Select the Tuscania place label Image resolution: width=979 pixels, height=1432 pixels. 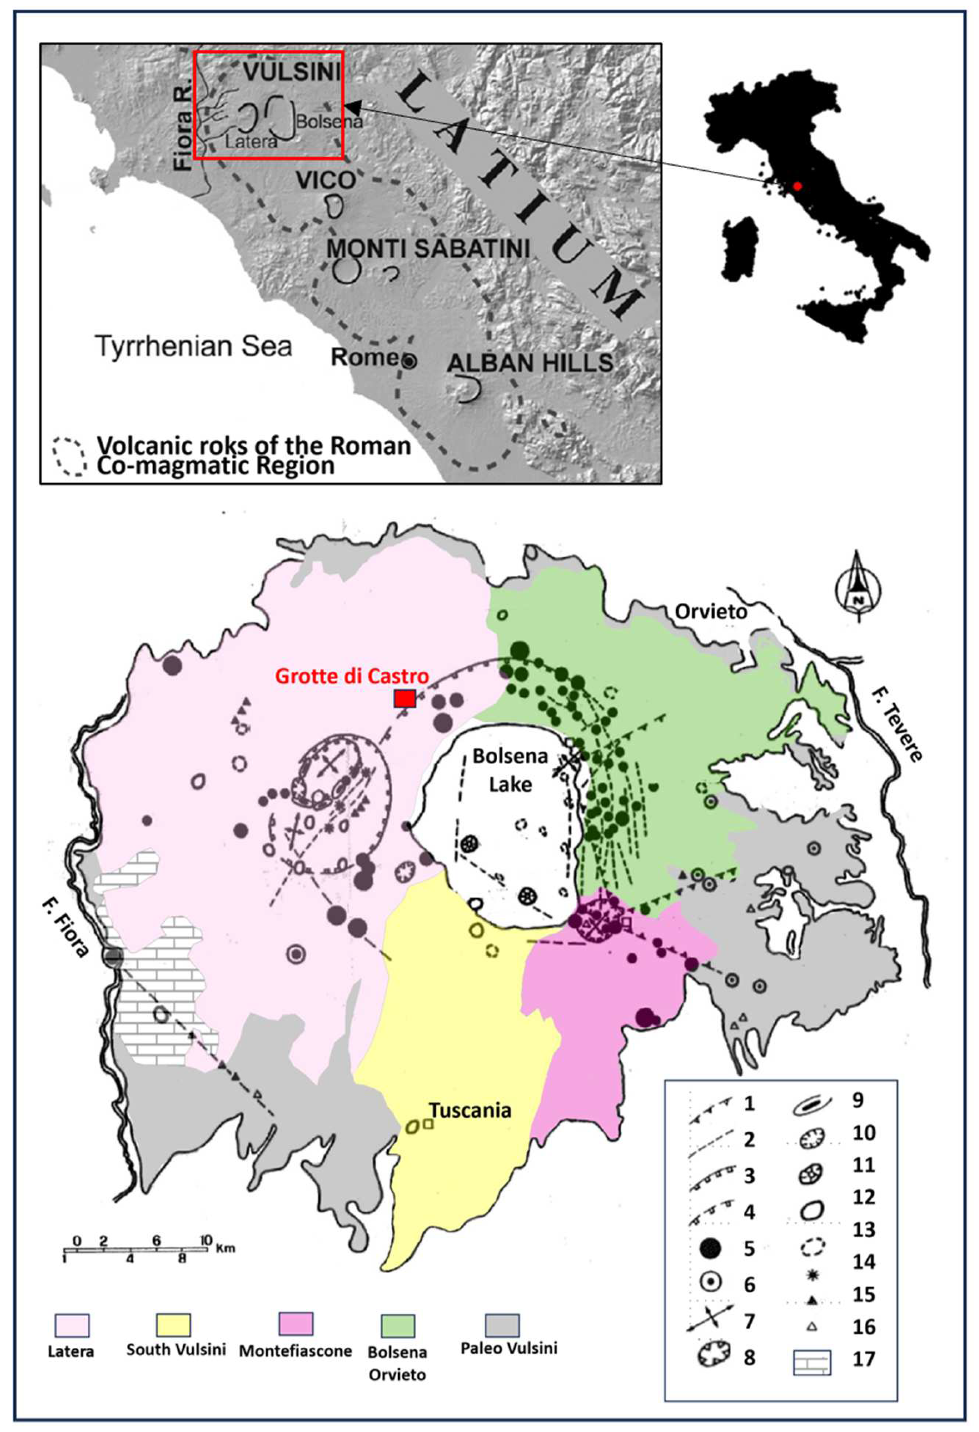click(x=470, y=1110)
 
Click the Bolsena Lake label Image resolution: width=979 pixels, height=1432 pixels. click(x=510, y=770)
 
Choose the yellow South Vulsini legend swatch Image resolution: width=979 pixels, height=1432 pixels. click(x=173, y=1324)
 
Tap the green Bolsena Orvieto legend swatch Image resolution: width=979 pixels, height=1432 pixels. click(x=397, y=1325)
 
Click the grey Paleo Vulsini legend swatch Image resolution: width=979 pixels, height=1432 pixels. click(x=502, y=1324)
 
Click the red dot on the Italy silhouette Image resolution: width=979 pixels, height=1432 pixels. click(x=798, y=185)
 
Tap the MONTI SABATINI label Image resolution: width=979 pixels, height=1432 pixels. click(x=427, y=248)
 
